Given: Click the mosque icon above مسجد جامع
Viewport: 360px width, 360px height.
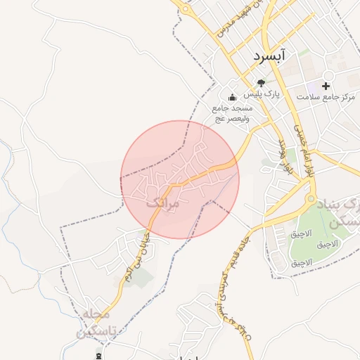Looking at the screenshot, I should (233, 97).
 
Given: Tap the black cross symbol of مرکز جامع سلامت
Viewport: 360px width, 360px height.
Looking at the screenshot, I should (326, 84).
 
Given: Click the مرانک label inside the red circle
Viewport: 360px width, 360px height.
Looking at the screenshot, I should (164, 202).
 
